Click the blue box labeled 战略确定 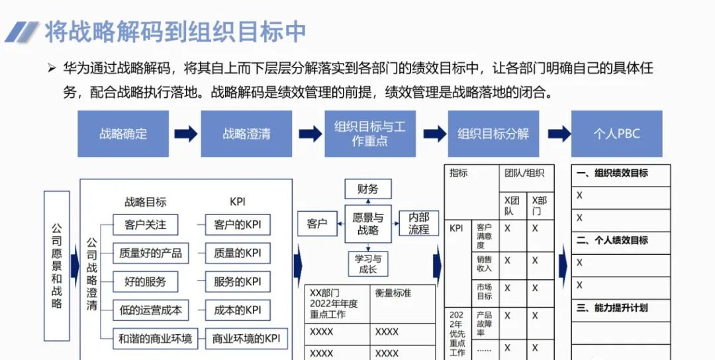[x=123, y=134]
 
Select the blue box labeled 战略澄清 [x=246, y=134]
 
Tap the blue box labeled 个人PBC [x=616, y=134]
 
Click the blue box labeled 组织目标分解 [x=493, y=134]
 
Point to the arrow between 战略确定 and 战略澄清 [x=185, y=134]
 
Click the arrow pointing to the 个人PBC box [x=559, y=134]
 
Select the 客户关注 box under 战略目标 [x=145, y=224]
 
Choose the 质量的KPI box [x=238, y=253]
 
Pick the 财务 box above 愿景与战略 [x=368, y=189]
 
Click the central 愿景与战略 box [x=368, y=224]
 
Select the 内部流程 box [x=418, y=224]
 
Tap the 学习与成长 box [x=368, y=264]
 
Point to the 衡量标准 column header [x=393, y=292]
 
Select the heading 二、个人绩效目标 [x=612, y=240]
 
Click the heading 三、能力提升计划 [x=612, y=308]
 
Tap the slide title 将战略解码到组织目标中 [x=175, y=31]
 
